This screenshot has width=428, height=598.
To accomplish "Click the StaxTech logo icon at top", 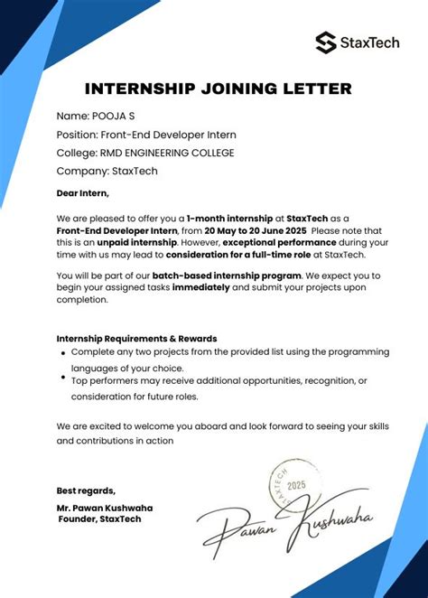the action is click(326, 42).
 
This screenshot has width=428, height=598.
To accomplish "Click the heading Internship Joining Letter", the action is click(219, 89).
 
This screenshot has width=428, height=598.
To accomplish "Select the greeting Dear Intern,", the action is click(82, 192).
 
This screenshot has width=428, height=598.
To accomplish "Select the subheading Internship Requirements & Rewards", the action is click(136, 339).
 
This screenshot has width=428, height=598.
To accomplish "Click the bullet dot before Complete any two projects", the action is click(62, 353).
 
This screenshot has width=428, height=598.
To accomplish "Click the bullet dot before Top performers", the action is click(62, 378).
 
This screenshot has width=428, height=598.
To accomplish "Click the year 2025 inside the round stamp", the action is click(296, 486).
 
